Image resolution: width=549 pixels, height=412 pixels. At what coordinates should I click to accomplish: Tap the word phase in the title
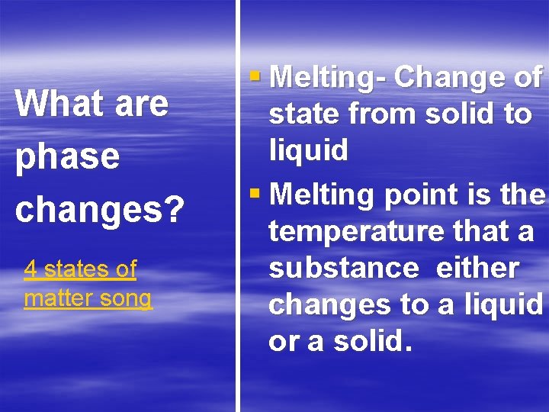click(x=68, y=156)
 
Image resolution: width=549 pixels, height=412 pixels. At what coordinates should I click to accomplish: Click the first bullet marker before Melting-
click(x=255, y=75)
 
